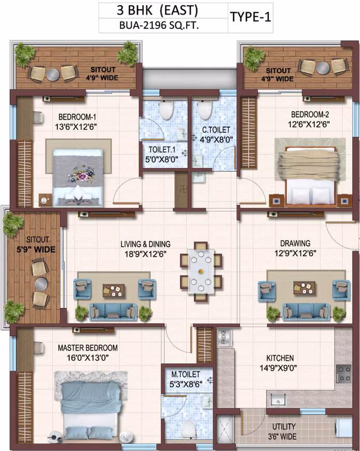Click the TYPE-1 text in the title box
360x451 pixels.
pyautogui.click(x=251, y=17)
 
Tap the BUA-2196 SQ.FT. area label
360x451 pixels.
pyautogui.click(x=159, y=25)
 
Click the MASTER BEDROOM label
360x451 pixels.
pyautogui.click(x=88, y=348)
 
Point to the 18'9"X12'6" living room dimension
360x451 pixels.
pyautogui.click(x=145, y=254)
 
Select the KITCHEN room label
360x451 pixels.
pyautogui.click(x=280, y=358)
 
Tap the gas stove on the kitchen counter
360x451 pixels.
pyautogui.click(x=344, y=374)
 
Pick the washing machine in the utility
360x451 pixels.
pyautogui.click(x=343, y=429)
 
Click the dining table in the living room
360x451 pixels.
pyautogui.click(x=201, y=272)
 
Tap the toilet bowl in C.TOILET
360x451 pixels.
pyautogui.click(x=204, y=110)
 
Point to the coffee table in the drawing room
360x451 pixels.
pyautogui.click(x=304, y=288)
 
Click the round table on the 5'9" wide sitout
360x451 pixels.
pyautogui.click(x=41, y=284)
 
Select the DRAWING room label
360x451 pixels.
pyautogui.click(x=295, y=243)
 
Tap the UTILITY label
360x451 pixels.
pyautogui.click(x=284, y=427)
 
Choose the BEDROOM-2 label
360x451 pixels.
pyautogui.click(x=310, y=115)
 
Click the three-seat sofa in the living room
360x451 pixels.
pyautogui.click(x=114, y=312)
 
